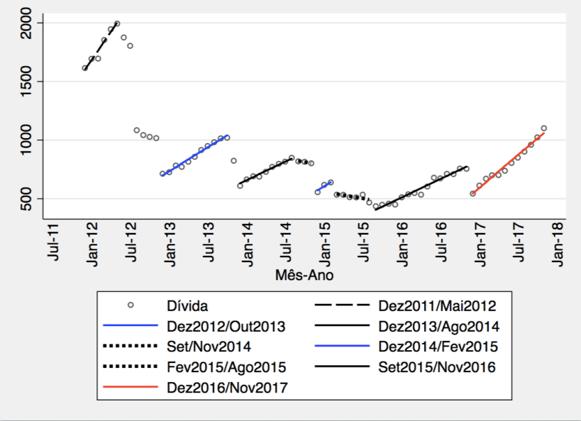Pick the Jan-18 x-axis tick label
[558, 242]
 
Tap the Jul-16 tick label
[441, 242]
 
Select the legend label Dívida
[187, 306]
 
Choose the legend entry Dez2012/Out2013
[225, 327]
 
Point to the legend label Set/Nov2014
[209, 347]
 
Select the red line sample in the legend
[128, 388]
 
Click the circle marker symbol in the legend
[129, 306]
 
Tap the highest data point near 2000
[117, 23]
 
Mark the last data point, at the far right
[544, 128]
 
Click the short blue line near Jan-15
[324, 187]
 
